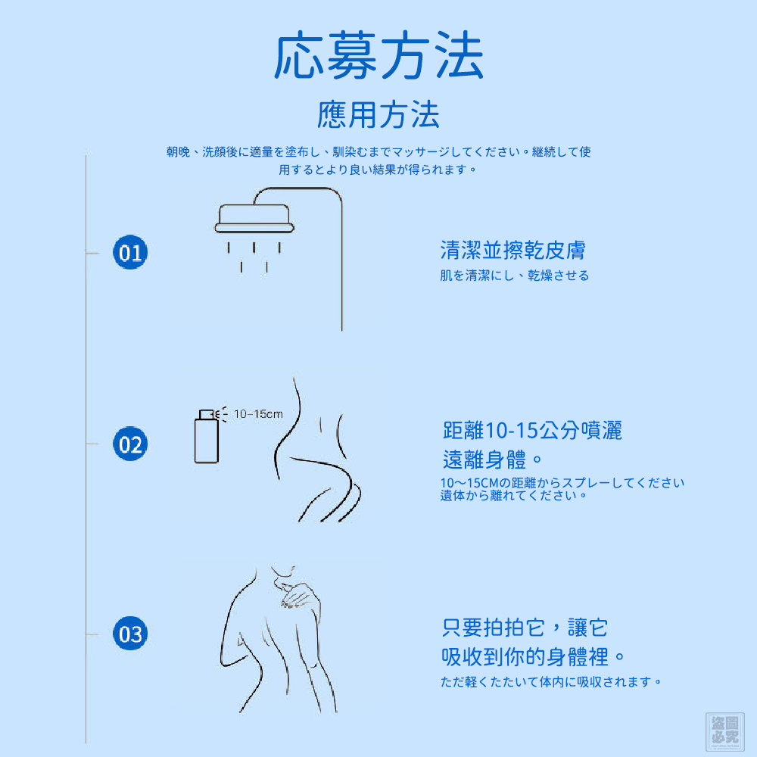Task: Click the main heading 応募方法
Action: (379, 55)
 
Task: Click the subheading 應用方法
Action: (378, 115)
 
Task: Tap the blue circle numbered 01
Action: (130, 252)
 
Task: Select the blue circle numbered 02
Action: (130, 444)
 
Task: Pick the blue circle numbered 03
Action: (130, 634)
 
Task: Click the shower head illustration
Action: (254, 219)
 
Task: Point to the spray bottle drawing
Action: (207, 437)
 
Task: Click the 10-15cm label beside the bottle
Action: (258, 414)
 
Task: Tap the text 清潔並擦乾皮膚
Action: (512, 250)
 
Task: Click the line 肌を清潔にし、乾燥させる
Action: (514, 276)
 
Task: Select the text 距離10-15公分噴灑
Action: (532, 430)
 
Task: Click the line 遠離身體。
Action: (493, 459)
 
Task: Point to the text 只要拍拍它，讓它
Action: (525, 628)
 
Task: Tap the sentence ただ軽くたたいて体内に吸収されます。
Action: (551, 682)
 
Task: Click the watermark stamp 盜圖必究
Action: (724, 731)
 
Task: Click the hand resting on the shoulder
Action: (298, 595)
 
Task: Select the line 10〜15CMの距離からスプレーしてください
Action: (562, 483)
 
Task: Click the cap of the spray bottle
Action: (207, 414)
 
